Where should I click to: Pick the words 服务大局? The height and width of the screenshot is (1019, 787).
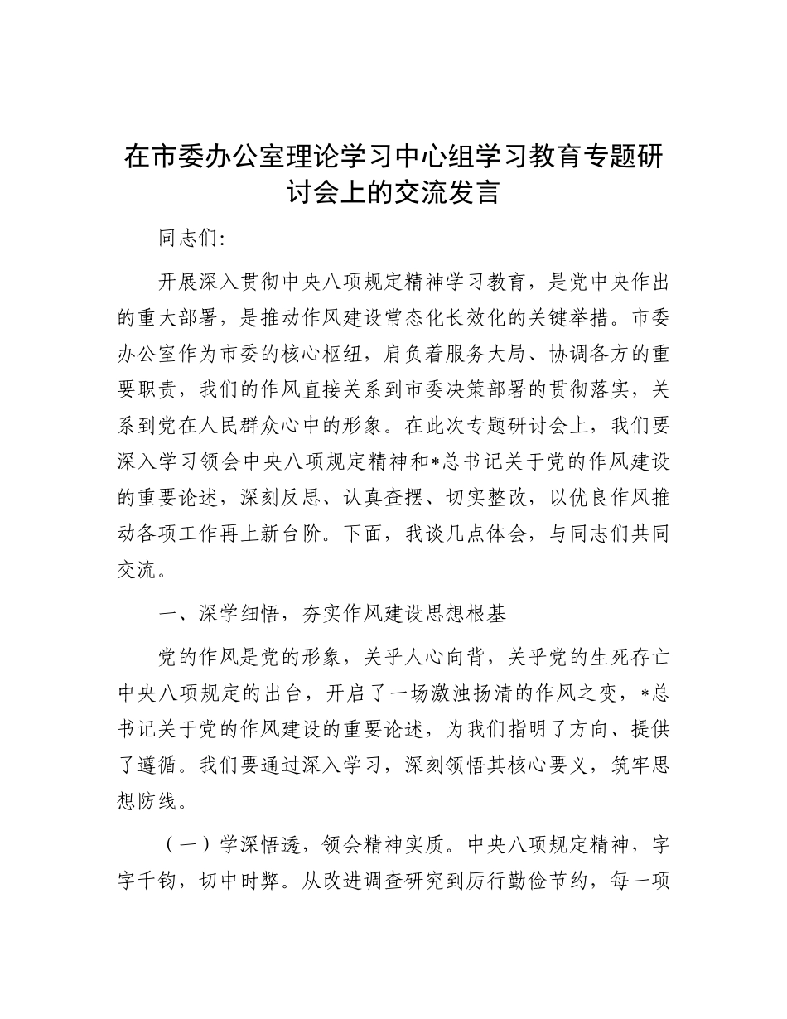[x=485, y=354]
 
